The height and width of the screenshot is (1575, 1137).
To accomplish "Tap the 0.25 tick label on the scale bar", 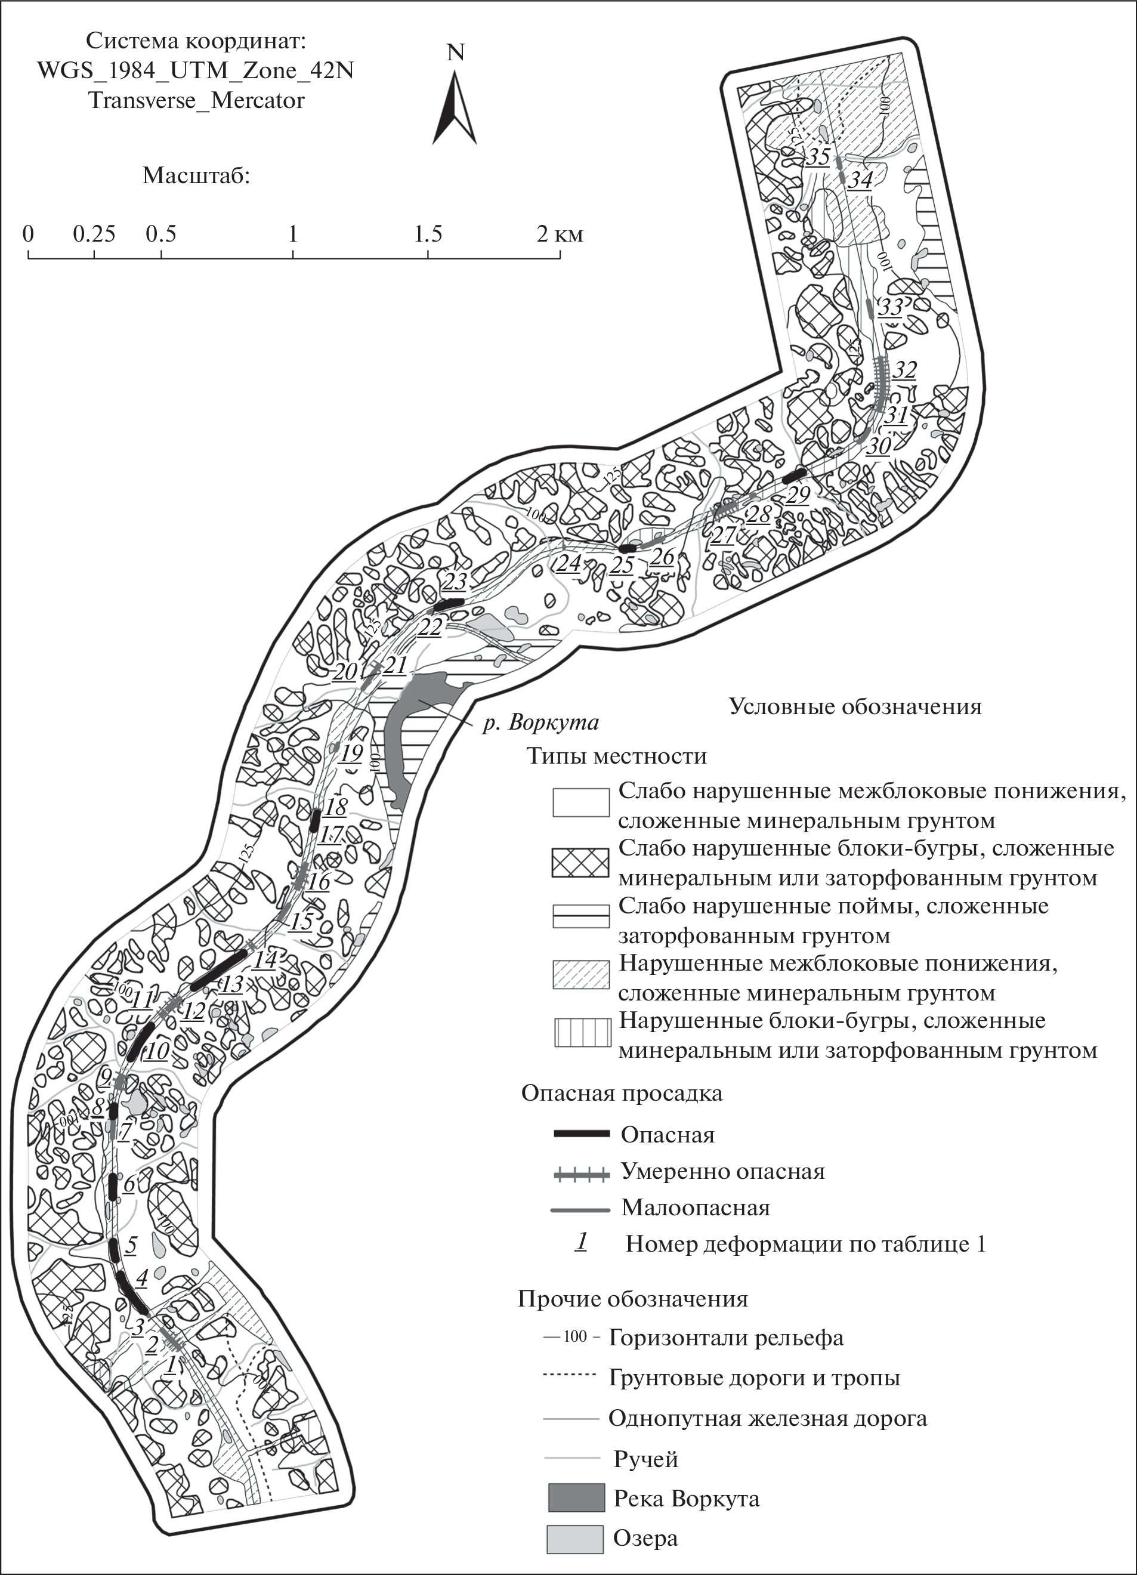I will (x=94, y=234).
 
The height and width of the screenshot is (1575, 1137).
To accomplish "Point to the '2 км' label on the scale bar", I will (x=559, y=234).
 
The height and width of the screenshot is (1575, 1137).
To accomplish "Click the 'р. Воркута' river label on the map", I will (x=541, y=723).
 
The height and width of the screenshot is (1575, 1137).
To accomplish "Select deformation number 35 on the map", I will (x=819, y=157).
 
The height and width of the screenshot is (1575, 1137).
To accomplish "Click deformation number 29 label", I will (x=798, y=495).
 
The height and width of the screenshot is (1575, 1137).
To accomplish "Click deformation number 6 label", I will (x=129, y=1183).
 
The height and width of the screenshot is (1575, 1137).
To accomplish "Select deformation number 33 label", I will (x=890, y=306).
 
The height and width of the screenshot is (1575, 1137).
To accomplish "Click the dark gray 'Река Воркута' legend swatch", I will (x=576, y=1498).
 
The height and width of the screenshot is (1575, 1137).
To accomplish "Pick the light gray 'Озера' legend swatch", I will (x=576, y=1539).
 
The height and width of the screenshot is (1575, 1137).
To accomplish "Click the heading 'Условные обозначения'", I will (x=855, y=706).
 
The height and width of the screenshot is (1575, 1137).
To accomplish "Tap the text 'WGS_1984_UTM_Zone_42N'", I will (x=195, y=71).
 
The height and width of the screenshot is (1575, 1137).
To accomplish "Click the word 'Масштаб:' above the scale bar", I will (x=197, y=175).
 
